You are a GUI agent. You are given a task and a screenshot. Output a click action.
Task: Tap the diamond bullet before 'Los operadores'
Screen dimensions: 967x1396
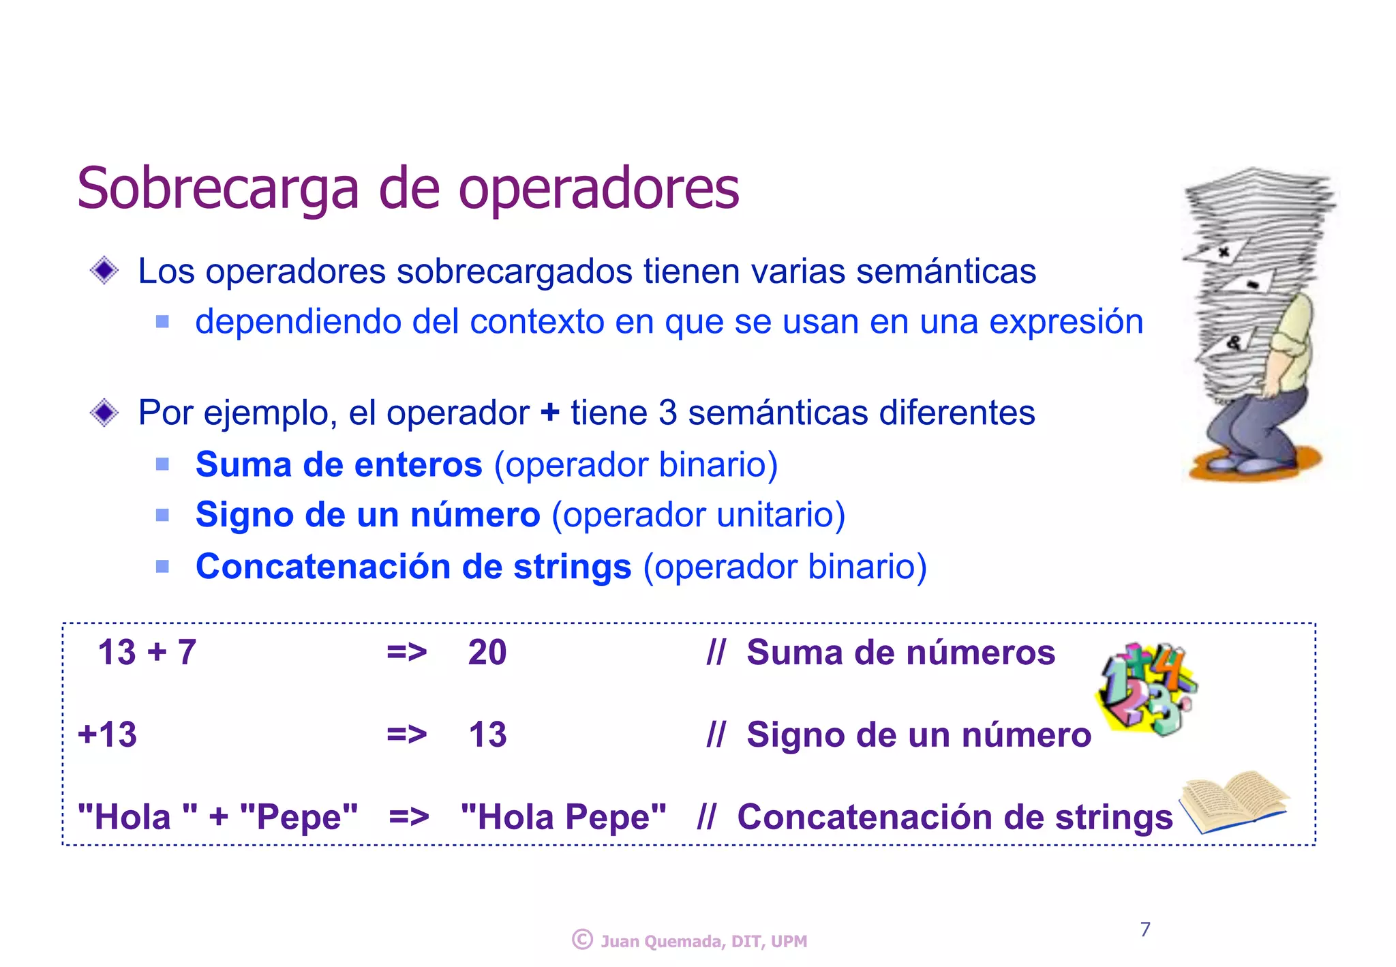(104, 271)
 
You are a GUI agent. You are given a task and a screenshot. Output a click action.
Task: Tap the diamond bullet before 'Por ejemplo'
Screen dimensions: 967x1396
(104, 413)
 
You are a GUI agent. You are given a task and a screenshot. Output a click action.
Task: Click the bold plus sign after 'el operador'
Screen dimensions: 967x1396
(549, 413)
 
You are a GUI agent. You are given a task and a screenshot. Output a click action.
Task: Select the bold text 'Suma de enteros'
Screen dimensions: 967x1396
(339, 465)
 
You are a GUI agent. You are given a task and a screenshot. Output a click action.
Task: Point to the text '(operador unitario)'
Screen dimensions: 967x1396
(698, 515)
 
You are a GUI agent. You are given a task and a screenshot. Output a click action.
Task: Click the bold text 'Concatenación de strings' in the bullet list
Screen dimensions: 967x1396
(413, 567)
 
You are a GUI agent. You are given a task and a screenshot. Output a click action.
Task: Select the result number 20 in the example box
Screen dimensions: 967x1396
(487, 653)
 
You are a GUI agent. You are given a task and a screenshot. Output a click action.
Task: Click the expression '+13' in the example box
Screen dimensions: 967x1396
(108, 735)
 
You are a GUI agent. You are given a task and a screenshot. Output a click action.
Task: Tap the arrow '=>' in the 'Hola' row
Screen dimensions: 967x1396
(408, 816)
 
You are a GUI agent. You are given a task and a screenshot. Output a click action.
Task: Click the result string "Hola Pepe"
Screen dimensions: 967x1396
(563, 817)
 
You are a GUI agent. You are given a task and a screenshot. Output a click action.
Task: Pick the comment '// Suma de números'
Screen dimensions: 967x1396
(881, 653)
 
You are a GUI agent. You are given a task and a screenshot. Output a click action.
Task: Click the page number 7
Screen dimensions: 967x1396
(1145, 929)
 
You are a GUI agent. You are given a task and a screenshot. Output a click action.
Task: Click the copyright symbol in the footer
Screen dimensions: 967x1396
(582, 940)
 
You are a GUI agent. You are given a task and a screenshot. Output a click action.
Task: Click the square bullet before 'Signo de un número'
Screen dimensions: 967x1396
(162, 516)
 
